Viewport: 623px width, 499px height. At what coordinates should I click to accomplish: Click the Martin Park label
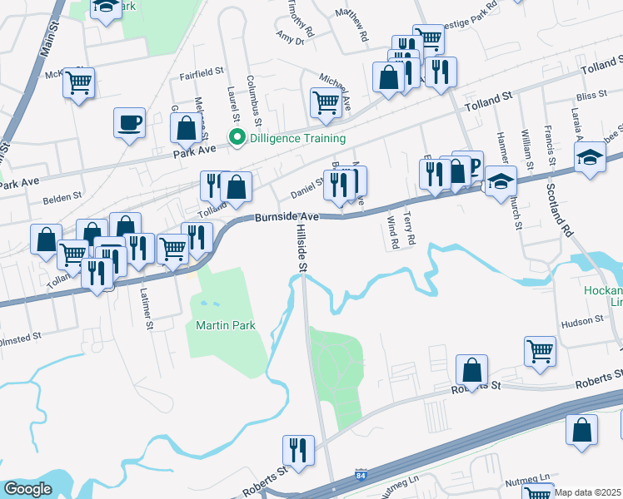225,325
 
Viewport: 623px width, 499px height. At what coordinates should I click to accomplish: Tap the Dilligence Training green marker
237,139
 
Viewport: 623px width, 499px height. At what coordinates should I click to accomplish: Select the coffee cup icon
129,123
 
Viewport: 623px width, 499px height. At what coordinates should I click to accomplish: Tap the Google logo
28,489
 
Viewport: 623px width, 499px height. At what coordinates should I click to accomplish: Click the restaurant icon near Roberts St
298,450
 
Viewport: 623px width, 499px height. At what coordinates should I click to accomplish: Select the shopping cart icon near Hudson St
540,352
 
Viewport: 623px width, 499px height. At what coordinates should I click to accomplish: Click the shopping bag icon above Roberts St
471,370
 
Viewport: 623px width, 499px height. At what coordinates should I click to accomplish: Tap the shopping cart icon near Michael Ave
326,102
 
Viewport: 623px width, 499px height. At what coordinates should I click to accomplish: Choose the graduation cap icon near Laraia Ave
590,156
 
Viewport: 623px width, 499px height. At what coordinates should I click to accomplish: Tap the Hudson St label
581,320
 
